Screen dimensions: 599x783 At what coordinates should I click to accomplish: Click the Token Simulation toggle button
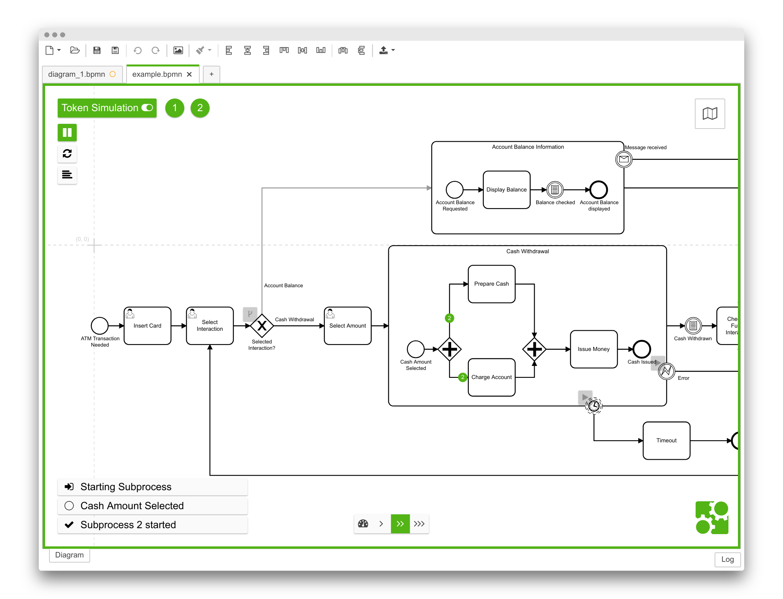click(107, 108)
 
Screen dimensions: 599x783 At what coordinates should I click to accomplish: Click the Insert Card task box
click(148, 326)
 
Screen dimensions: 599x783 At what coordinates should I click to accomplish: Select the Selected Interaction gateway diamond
click(262, 326)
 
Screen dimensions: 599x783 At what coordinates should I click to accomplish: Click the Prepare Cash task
click(491, 284)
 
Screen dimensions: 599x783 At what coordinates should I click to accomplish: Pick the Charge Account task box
click(491, 377)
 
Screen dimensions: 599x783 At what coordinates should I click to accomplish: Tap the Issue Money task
click(593, 349)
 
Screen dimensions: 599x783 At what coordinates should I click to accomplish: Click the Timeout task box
click(666, 440)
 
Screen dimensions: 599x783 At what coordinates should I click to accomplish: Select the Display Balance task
click(506, 190)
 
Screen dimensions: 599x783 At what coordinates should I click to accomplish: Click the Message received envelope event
click(624, 159)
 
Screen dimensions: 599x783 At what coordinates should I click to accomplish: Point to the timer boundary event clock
click(594, 406)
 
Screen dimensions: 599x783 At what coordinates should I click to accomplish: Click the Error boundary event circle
click(666, 371)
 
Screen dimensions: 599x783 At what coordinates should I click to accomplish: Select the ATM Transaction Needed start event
click(100, 326)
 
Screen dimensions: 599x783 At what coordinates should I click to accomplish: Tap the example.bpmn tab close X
click(189, 74)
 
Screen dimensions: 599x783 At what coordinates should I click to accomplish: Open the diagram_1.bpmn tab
click(77, 74)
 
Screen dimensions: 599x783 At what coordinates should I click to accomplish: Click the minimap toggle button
click(709, 114)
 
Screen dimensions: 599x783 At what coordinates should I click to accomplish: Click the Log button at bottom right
click(727, 559)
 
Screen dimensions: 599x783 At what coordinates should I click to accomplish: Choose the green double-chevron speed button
click(400, 524)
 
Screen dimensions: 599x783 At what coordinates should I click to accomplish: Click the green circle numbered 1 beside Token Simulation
click(174, 108)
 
